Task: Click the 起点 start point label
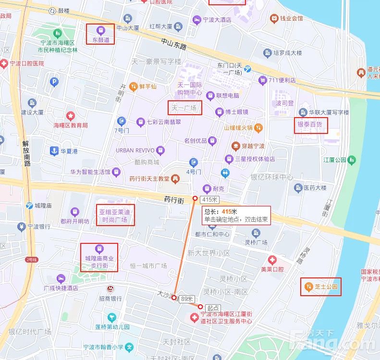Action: point(213,308)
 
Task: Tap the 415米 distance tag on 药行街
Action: point(210,199)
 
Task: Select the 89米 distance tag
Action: point(186,299)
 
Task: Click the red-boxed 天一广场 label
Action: point(184,108)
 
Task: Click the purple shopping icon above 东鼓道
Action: point(100,30)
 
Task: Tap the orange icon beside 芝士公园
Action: point(308,288)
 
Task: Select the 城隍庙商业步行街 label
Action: point(99,262)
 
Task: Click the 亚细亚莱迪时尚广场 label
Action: point(115,216)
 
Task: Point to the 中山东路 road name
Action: point(173,44)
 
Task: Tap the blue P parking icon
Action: point(54,82)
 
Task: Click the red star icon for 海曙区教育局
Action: point(71,116)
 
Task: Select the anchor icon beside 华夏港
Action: point(54,151)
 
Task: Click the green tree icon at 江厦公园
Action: point(353,159)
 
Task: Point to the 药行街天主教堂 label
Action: point(149,179)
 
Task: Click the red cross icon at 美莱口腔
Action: point(272,260)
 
